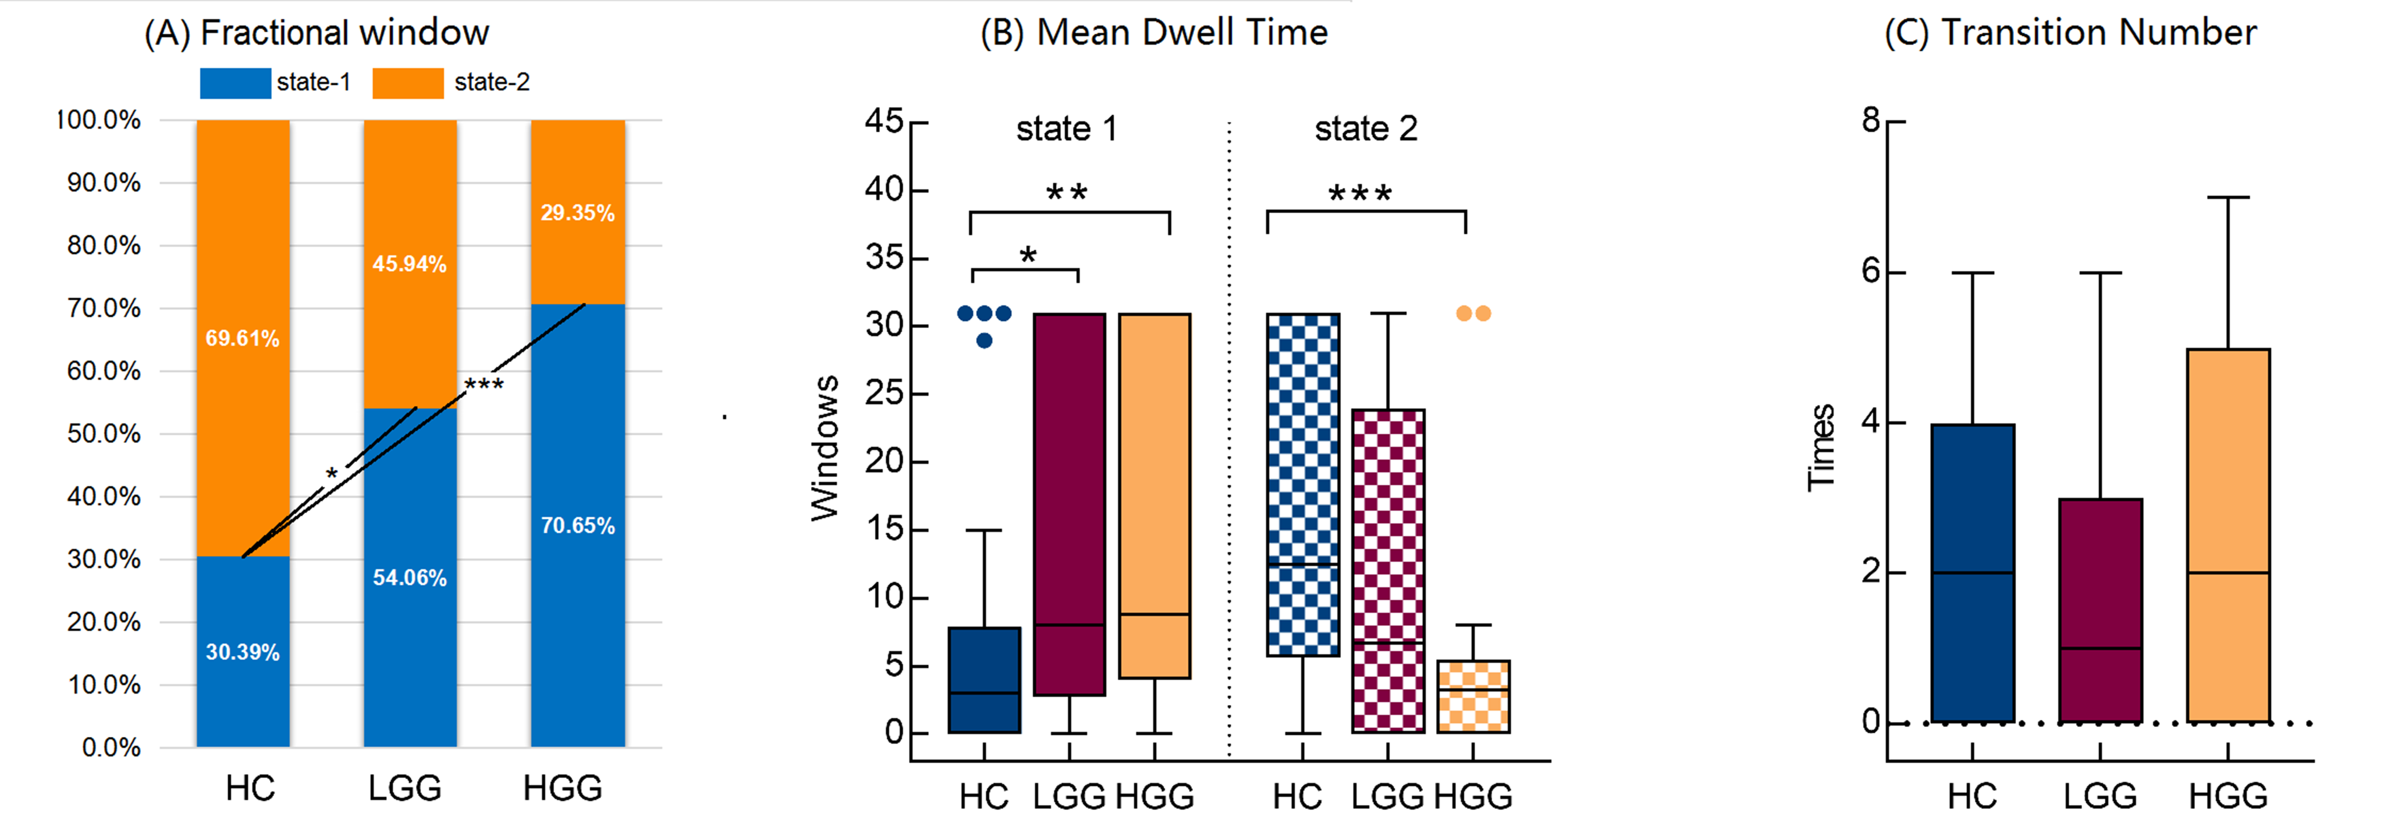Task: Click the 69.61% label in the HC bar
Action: tap(242, 338)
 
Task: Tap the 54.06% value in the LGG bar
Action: tap(410, 578)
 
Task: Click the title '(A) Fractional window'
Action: tap(316, 33)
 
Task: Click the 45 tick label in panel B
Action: tap(883, 121)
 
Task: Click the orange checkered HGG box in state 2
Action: tap(1473, 696)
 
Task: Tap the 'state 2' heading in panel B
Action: tap(1366, 129)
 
